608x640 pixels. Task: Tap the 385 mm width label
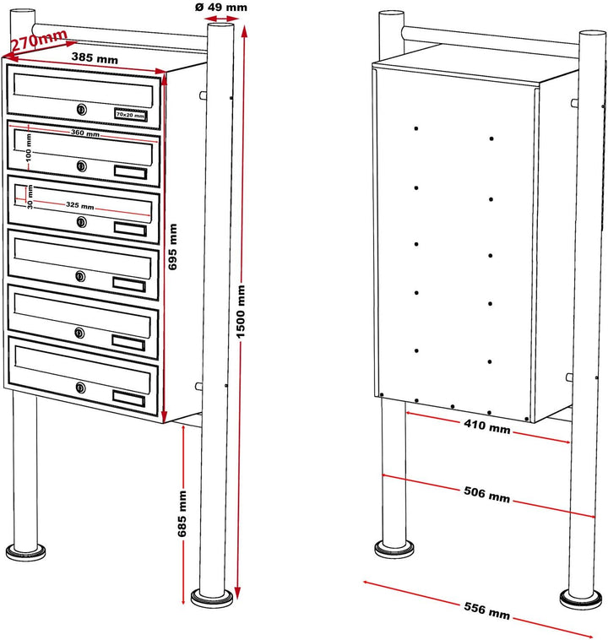tap(95, 58)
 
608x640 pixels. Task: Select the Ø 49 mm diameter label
tap(221, 7)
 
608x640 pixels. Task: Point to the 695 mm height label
tap(173, 247)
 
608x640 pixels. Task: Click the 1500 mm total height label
tap(241, 312)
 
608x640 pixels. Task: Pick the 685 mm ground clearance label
tap(182, 513)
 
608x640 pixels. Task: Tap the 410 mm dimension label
tap(486, 426)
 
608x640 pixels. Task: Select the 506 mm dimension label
tap(486, 494)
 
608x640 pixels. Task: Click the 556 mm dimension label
tap(486, 610)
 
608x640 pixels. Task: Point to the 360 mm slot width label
tap(85, 133)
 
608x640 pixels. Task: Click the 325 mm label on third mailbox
tap(80, 205)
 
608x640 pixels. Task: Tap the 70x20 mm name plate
tap(130, 115)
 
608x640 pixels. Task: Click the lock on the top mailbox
tap(82, 109)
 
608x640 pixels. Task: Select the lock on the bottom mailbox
tap(81, 388)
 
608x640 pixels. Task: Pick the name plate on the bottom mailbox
tap(128, 399)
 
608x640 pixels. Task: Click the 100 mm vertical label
tap(28, 148)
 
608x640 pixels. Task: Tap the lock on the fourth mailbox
tap(81, 276)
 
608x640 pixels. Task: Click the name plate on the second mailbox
tap(130, 172)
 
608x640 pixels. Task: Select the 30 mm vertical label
tap(30, 197)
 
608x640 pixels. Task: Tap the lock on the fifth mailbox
tap(80, 333)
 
